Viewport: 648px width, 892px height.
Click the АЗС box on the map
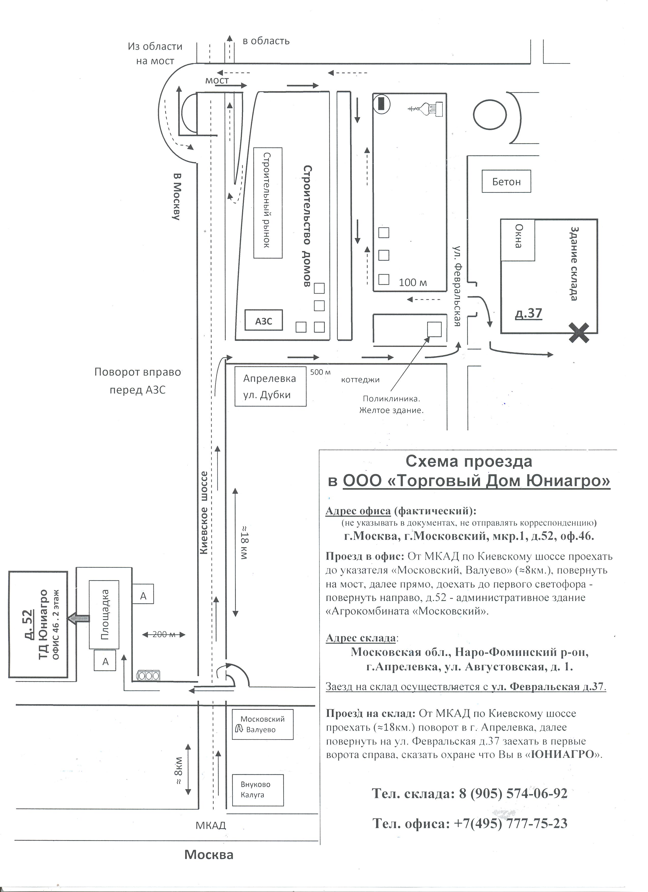click(x=264, y=321)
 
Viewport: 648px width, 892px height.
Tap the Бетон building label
click(x=506, y=181)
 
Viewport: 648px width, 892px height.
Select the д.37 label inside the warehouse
click(x=529, y=313)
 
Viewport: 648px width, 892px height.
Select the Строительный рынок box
click(x=268, y=203)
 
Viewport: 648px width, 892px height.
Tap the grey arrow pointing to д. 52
click(x=78, y=618)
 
